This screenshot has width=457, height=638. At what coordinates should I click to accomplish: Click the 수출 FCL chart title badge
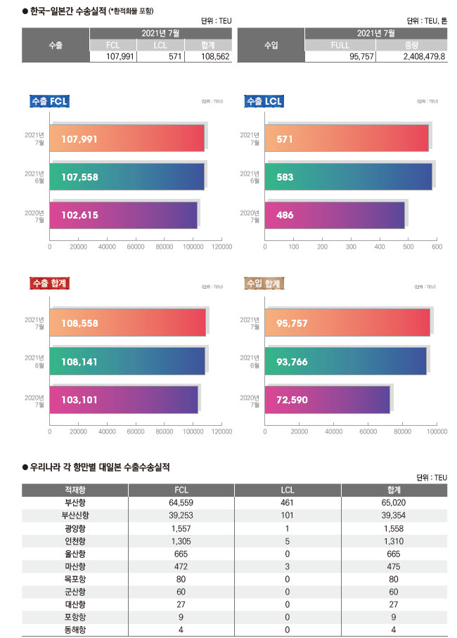[x=49, y=102]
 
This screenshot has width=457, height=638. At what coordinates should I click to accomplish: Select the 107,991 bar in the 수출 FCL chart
[x=127, y=138]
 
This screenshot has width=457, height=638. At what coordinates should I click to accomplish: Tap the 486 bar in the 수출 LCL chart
[x=335, y=215]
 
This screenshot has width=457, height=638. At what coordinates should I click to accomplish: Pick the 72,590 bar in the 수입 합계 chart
[x=327, y=399]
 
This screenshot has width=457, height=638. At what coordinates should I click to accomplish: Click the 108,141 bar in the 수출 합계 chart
[x=127, y=361]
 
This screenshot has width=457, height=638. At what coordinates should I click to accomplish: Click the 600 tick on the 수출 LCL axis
[x=436, y=247]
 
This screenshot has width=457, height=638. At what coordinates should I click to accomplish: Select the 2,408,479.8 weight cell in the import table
[x=411, y=57]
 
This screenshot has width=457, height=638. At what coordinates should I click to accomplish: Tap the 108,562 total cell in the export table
[x=205, y=57]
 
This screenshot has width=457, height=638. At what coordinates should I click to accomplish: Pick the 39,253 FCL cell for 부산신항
[x=181, y=515]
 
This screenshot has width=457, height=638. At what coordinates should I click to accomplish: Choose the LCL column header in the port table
[x=287, y=490]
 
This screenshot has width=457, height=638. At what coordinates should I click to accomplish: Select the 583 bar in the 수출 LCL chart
[x=348, y=177]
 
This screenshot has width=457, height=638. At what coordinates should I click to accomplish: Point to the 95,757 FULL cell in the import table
[x=340, y=57]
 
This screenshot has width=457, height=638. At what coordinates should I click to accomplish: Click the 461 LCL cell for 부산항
[x=287, y=502]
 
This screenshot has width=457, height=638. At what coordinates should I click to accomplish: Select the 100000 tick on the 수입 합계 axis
[x=437, y=431]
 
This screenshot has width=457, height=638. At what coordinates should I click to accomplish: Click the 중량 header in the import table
[x=411, y=45]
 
